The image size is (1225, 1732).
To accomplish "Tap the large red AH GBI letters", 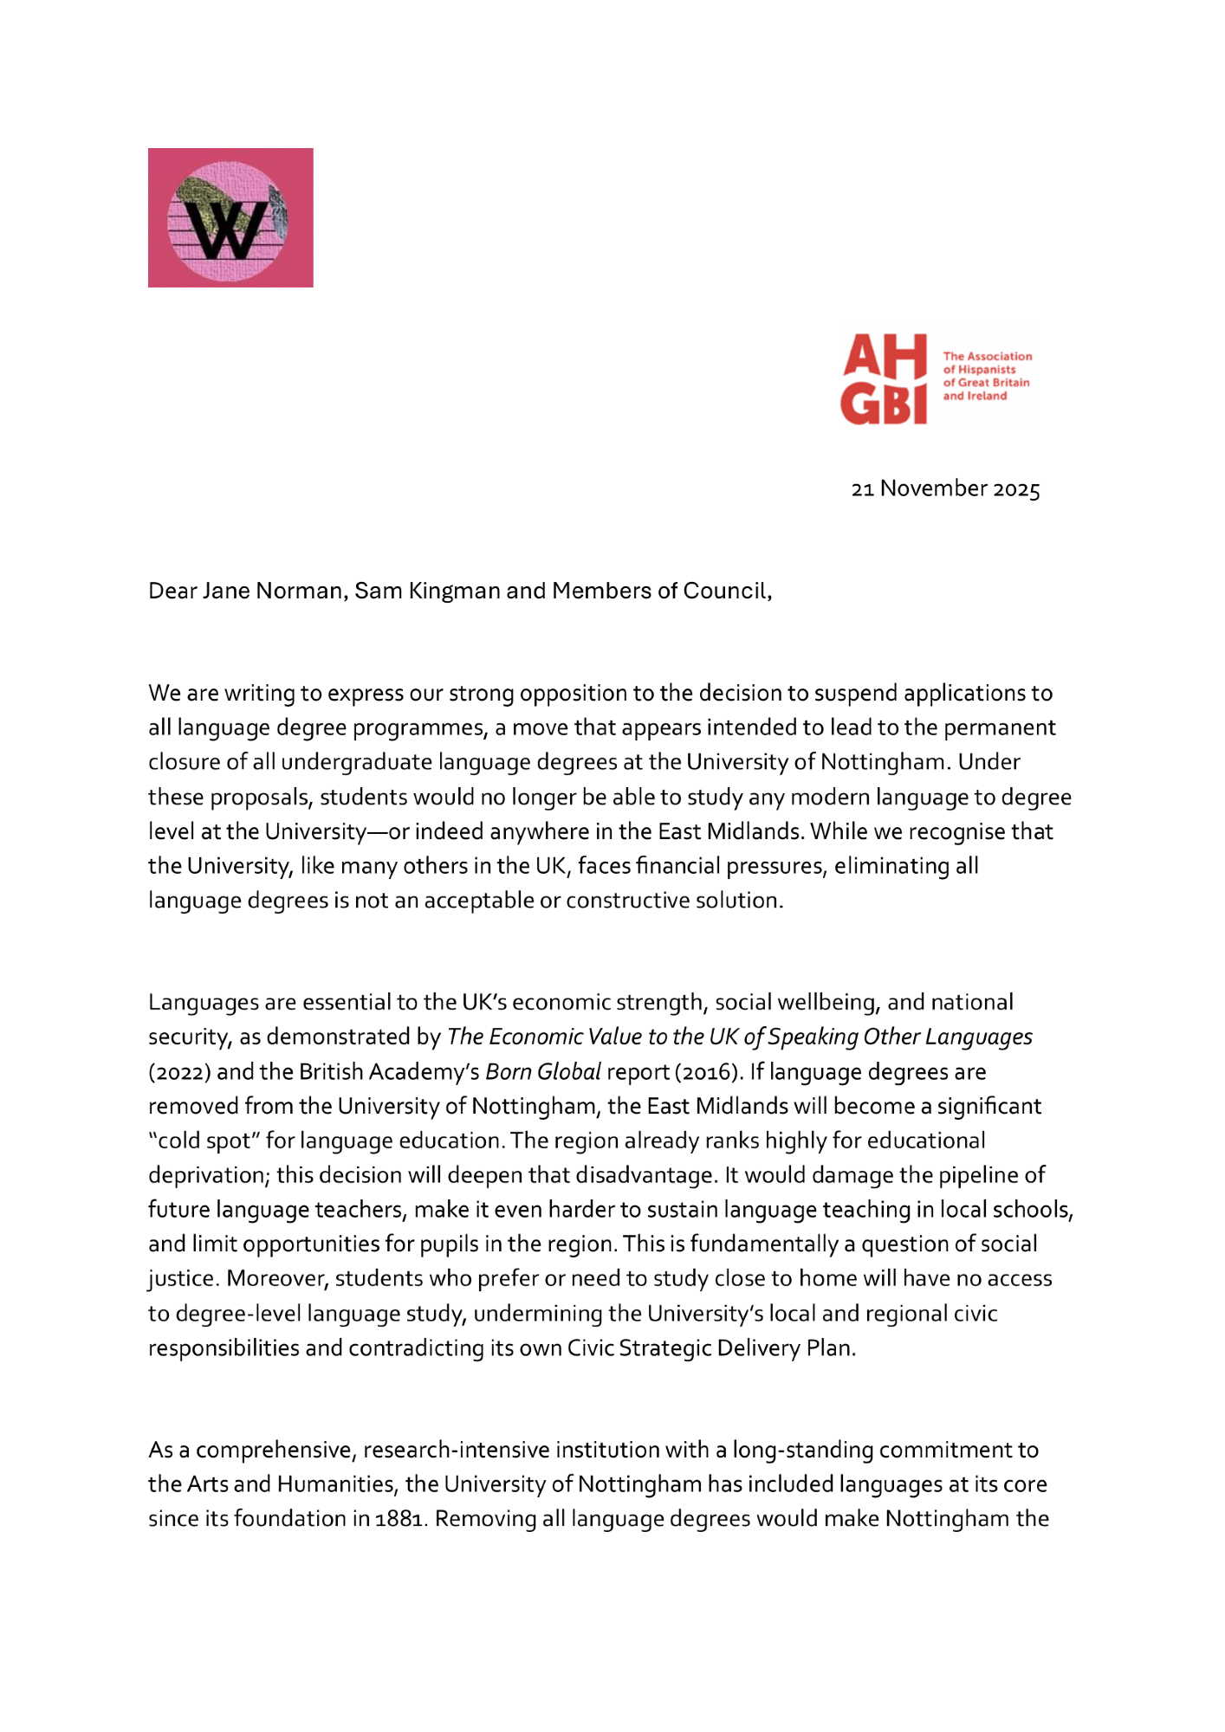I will coord(885,379).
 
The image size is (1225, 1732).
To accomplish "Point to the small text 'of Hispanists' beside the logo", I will coord(979,370).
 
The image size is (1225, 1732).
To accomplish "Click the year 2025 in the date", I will coord(1016,489).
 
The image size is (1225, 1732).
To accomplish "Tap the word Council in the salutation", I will coord(727,591).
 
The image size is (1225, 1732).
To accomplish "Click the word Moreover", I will coord(277,1279).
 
